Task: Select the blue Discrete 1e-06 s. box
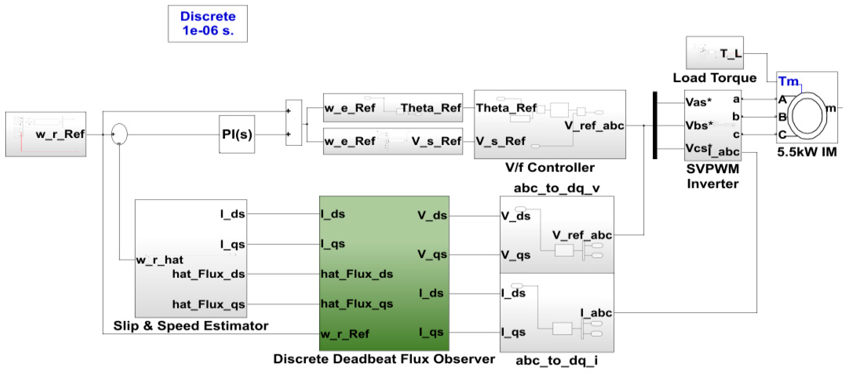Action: pyautogui.click(x=208, y=23)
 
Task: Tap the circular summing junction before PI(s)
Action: pyautogui.click(x=119, y=134)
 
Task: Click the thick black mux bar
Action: pyautogui.click(x=655, y=125)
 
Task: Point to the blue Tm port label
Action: pyautogui.click(x=788, y=81)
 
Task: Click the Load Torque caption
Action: pyautogui.click(x=715, y=78)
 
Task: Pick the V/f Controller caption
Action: pyautogui.click(x=550, y=168)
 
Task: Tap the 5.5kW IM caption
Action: pyautogui.click(x=807, y=152)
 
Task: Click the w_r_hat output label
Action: pyautogui.click(x=160, y=260)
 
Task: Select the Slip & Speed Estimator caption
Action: pyautogui.click(x=191, y=326)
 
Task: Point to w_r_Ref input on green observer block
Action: pyautogui.click(x=345, y=334)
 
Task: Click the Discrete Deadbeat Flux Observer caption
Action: pyautogui.click(x=384, y=359)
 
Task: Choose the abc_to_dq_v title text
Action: pyautogui.click(x=557, y=188)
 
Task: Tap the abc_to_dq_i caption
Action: pyautogui.click(x=557, y=361)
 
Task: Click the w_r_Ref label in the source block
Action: pyautogui.click(x=60, y=134)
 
